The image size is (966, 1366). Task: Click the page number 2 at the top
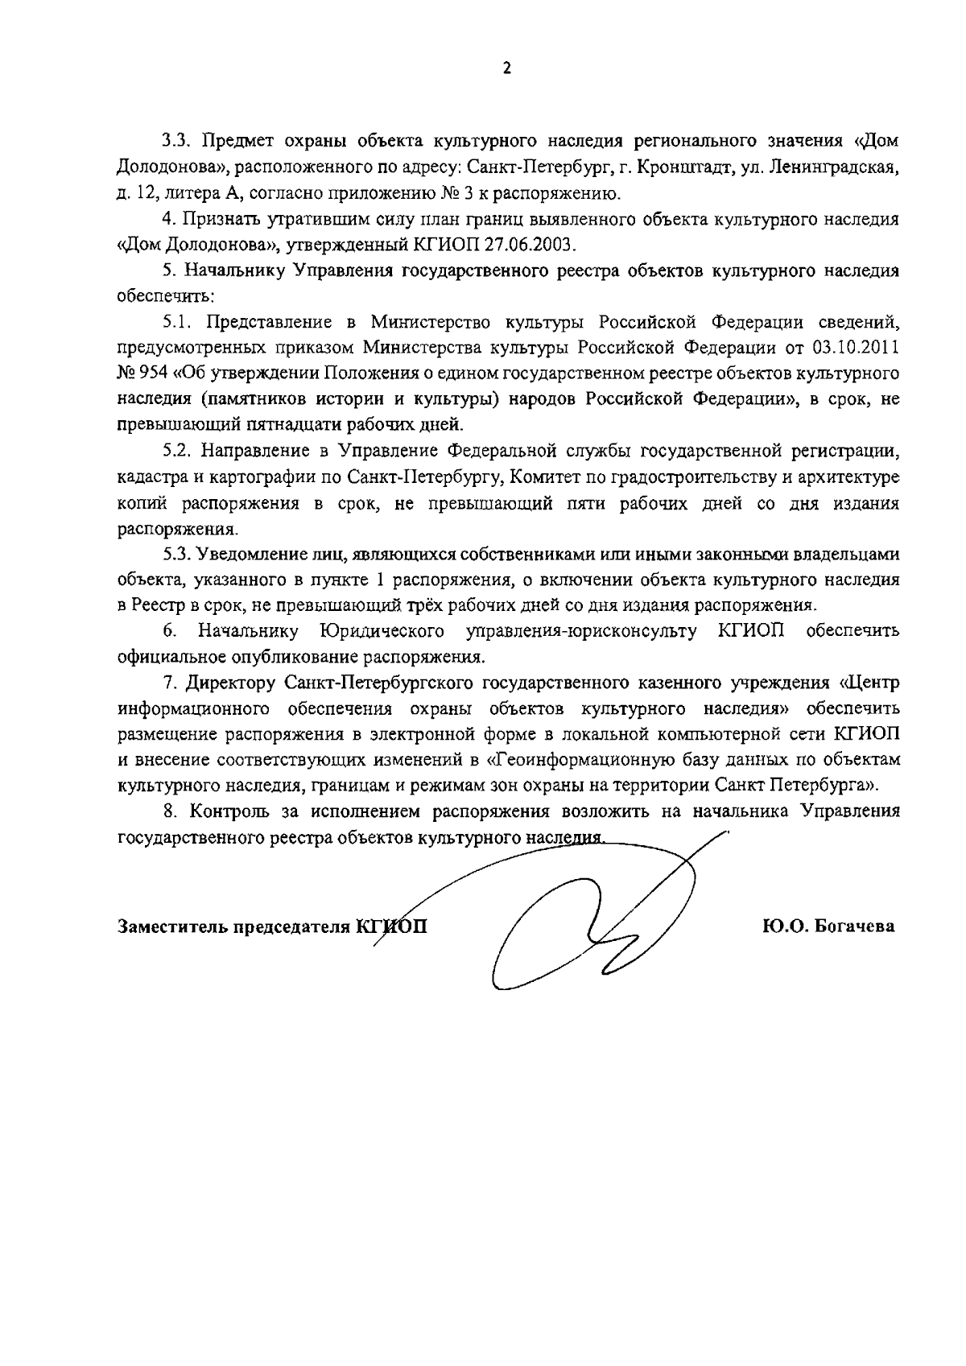[x=506, y=69]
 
